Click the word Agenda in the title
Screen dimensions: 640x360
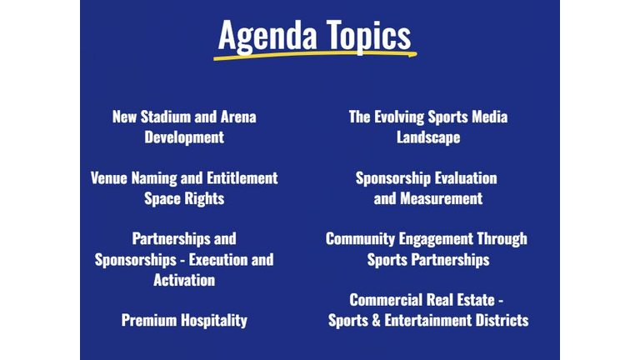[267, 37]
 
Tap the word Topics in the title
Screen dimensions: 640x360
[368, 37]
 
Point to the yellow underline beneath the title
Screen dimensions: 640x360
[315, 55]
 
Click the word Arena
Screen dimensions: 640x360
[238, 117]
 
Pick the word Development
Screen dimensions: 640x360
[184, 137]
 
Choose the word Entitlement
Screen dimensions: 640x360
[242, 178]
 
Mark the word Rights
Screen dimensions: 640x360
[204, 199]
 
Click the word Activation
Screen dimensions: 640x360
[184, 280]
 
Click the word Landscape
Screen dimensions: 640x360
[428, 137]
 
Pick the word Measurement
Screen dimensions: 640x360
[441, 198]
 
